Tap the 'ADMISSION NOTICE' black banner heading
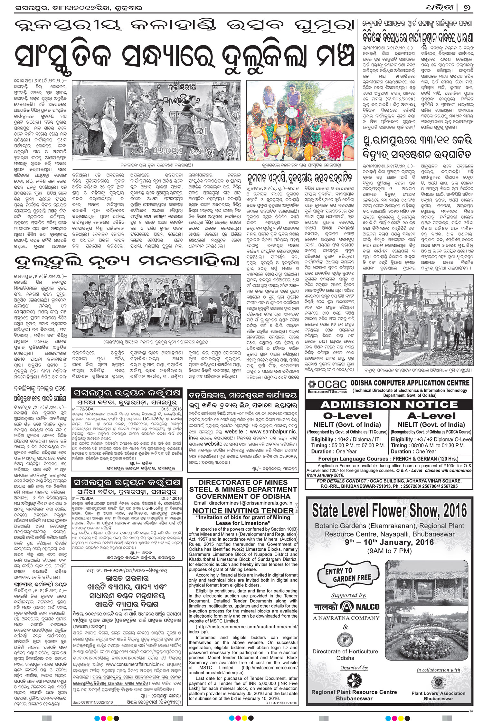pyautogui.click(x=389, y=405)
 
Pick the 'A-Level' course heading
pyautogui.click(x=431, y=416)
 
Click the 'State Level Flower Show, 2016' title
pyautogui.click(x=389, y=511)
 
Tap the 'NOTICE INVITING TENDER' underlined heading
pyautogui.click(x=243, y=511)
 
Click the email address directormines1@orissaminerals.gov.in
pyautogui.click(x=243, y=503)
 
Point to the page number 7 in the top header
pyautogui.click(x=467, y=7)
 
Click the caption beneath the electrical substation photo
pyautogui.click(x=417, y=371)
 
